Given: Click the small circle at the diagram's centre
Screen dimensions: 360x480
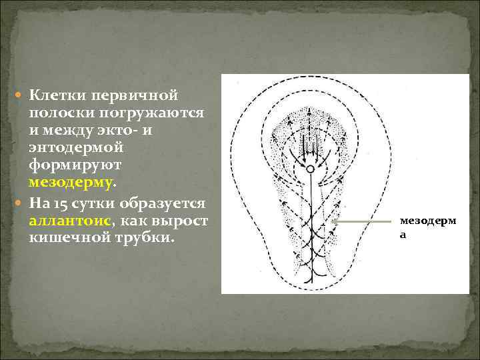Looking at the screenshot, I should (310, 170).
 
